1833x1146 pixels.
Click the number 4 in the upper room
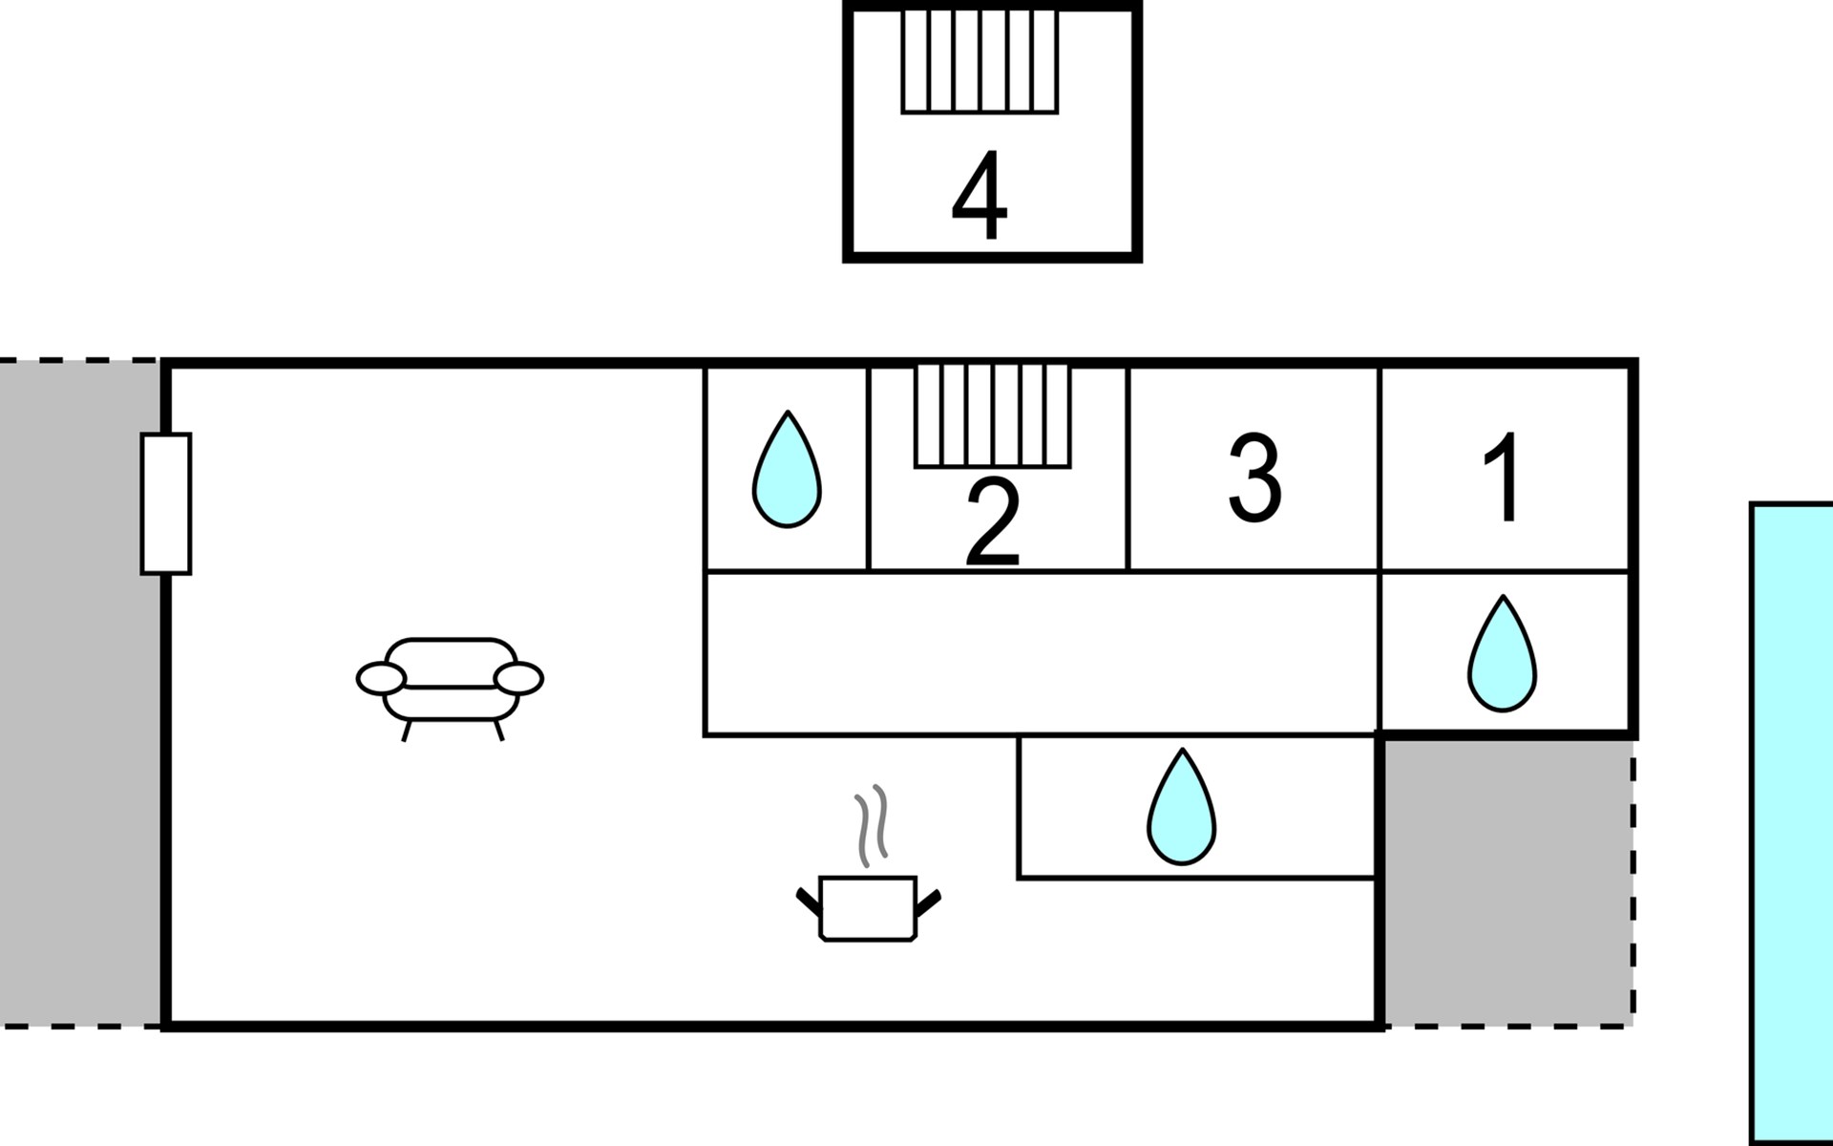980,196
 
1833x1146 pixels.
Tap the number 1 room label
1503,477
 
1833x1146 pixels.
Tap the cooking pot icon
868,908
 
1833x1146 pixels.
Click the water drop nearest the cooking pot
1182,809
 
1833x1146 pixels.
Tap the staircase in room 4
980,61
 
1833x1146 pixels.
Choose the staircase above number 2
993,415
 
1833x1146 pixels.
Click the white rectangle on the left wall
166,503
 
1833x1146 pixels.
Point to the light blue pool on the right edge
1792,821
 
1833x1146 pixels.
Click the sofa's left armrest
381,679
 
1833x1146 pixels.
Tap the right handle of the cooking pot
928,902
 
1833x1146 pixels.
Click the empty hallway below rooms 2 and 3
1041,653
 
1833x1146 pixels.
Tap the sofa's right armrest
519,679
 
